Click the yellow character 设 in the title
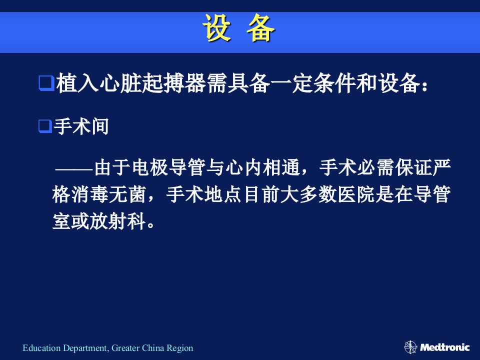[216, 28]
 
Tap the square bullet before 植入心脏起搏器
[46, 83]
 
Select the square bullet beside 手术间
[45, 126]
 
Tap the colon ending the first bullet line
[424, 86]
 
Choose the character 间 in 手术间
[100, 126]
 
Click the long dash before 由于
[74, 168]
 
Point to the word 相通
[281, 168]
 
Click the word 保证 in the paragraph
[413, 168]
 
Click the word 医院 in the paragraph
[356, 194]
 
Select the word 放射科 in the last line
[117, 221]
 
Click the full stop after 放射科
[150, 226]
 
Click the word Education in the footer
[41, 348]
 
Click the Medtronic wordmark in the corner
[444, 347]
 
